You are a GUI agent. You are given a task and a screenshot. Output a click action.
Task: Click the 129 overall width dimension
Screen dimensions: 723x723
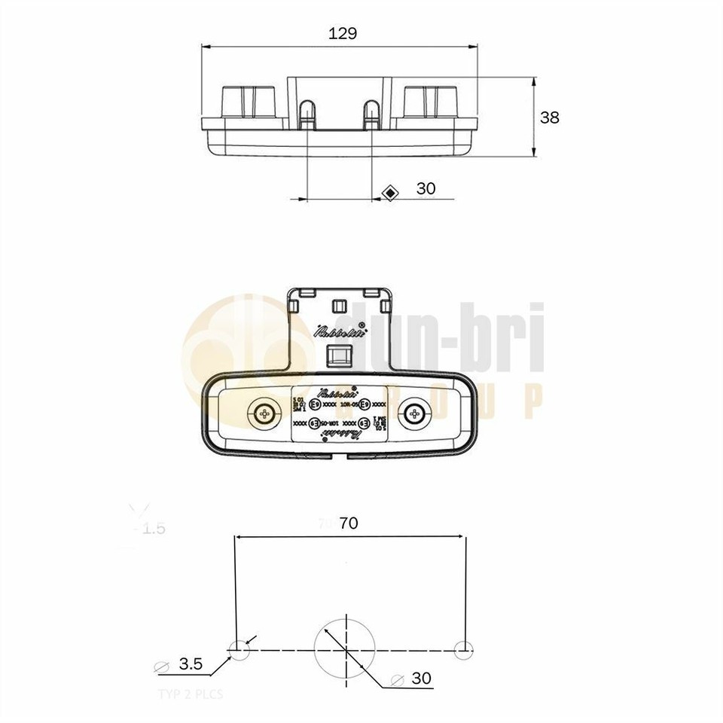point(343,32)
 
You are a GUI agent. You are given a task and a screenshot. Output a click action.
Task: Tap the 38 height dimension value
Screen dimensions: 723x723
point(550,117)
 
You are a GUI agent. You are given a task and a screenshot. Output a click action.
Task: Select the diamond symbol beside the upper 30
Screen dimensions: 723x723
point(390,193)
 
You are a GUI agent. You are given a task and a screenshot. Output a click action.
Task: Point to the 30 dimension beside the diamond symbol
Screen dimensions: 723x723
point(426,188)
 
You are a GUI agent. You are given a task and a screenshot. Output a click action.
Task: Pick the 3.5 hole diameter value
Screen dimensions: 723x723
point(191,664)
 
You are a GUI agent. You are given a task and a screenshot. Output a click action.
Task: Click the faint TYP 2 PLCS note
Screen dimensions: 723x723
point(191,694)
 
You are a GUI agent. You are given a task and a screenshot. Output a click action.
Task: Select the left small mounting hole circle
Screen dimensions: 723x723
point(238,648)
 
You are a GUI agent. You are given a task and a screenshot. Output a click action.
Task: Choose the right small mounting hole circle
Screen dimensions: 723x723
point(465,648)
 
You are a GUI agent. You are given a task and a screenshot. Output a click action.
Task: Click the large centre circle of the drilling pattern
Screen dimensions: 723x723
point(344,648)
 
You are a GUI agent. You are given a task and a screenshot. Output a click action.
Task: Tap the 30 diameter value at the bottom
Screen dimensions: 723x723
point(422,679)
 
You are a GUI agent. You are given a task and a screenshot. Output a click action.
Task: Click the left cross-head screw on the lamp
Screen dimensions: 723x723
point(264,412)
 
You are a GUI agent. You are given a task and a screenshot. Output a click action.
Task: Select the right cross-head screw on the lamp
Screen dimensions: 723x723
point(413,412)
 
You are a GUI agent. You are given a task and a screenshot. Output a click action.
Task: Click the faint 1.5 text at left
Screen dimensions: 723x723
point(153,529)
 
